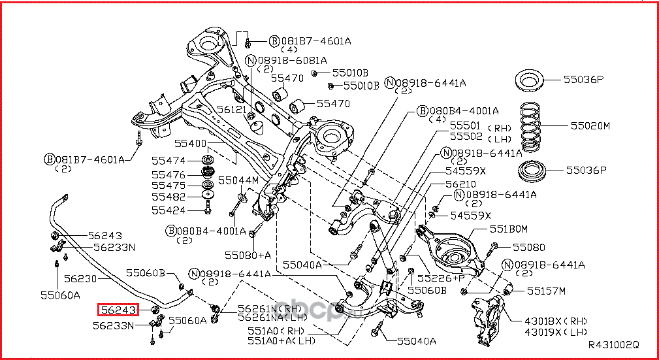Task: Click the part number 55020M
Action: tap(590, 125)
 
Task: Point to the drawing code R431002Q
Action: tap(613, 344)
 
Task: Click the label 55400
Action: tap(190, 143)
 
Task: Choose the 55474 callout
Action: tap(169, 161)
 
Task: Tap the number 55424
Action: tap(169, 210)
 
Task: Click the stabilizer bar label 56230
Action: tap(80, 278)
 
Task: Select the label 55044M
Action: tap(238, 180)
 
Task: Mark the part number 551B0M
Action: tap(508, 229)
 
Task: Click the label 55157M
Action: tap(546, 290)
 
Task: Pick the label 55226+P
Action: tap(441, 277)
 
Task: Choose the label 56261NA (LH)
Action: tap(269, 317)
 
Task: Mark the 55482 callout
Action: tap(169, 197)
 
